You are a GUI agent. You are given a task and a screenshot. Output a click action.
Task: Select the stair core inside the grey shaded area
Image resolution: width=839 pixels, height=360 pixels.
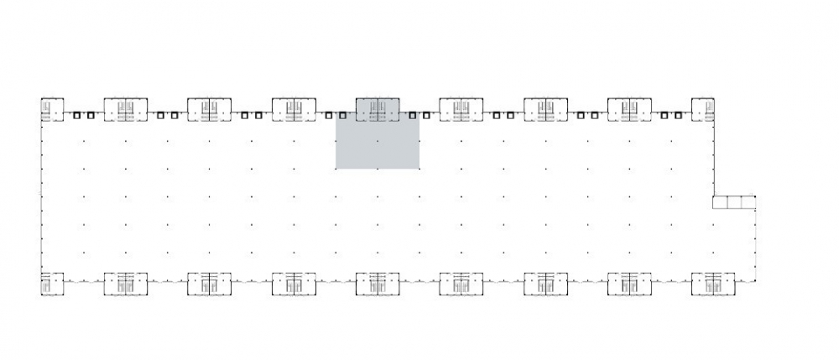[x=378, y=109]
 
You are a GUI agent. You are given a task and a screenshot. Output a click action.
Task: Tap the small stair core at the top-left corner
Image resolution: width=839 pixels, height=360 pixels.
[x=52, y=109]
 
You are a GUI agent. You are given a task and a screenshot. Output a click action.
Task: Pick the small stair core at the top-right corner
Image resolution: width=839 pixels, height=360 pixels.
[x=703, y=109]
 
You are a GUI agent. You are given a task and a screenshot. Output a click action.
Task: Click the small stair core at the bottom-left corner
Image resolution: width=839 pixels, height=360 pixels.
[x=52, y=284]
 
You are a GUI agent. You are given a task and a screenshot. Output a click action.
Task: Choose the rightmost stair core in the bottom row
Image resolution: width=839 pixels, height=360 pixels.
[x=713, y=284]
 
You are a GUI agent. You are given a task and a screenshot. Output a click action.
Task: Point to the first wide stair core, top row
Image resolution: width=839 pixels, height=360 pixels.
[x=126, y=109]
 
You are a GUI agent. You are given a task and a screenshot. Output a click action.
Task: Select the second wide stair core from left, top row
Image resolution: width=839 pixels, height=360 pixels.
[x=209, y=109]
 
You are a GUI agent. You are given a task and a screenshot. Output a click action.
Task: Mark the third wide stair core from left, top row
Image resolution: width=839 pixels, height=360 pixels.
[x=294, y=109]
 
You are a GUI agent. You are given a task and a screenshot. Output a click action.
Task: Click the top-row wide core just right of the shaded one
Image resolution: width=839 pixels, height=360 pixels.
[x=461, y=109]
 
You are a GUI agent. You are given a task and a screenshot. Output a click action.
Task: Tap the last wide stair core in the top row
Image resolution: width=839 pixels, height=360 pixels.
[x=629, y=109]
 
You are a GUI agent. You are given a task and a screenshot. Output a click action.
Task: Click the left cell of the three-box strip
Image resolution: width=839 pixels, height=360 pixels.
[x=720, y=203]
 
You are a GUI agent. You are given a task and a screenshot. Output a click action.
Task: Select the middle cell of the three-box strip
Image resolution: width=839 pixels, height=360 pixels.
[x=734, y=203]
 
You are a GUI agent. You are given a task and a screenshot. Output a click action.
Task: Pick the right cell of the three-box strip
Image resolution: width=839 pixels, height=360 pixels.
[x=748, y=203]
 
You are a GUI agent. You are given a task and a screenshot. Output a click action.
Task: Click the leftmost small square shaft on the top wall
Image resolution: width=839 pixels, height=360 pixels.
[x=76, y=116]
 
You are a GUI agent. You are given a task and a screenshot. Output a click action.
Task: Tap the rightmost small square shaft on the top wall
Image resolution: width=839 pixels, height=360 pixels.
[x=678, y=116]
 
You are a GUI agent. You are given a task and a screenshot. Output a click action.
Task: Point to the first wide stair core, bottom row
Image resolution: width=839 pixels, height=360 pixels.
[x=126, y=284]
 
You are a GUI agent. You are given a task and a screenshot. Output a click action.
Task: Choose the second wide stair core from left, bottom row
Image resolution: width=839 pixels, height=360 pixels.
[x=209, y=284]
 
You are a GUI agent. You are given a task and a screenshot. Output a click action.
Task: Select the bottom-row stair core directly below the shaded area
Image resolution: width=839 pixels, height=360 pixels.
[x=378, y=284]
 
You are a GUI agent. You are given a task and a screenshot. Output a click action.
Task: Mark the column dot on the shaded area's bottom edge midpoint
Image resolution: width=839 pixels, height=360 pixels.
[x=378, y=169]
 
